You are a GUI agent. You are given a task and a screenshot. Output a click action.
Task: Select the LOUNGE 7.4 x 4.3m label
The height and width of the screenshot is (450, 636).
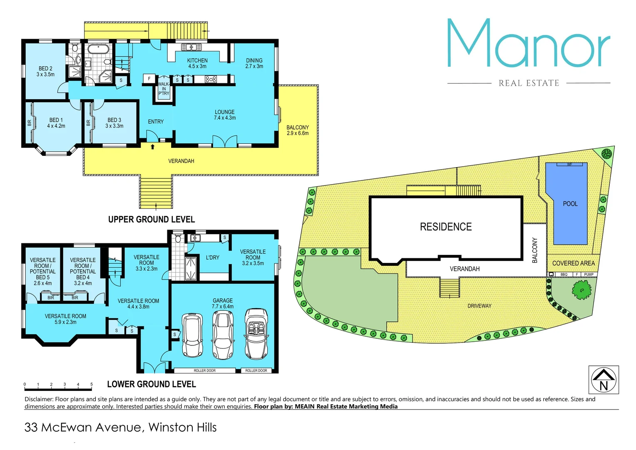point(225,115)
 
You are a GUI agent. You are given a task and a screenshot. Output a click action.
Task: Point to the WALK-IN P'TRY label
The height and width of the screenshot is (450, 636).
point(164,89)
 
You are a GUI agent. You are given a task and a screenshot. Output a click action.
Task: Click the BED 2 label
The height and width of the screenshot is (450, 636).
point(45,71)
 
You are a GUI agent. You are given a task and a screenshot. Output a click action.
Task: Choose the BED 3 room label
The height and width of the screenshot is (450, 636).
point(114,123)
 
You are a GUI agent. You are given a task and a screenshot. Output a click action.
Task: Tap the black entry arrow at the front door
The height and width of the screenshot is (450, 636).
point(153,147)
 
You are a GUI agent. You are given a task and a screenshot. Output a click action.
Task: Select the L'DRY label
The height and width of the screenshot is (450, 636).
point(212,257)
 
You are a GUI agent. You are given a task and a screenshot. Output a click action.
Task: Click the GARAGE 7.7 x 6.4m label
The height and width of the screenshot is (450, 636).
point(223,303)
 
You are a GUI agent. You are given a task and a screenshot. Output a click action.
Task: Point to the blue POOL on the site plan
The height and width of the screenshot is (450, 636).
point(570,204)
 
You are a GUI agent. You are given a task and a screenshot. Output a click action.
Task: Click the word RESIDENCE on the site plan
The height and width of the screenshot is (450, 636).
point(446,227)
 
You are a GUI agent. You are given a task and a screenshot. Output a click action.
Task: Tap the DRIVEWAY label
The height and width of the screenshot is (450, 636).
point(479,306)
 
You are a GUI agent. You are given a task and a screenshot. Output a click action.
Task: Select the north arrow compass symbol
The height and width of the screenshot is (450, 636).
point(604,380)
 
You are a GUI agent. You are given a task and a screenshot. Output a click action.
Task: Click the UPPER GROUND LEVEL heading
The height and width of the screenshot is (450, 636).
point(152,220)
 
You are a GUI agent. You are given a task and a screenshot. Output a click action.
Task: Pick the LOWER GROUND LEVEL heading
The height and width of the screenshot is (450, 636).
point(152,384)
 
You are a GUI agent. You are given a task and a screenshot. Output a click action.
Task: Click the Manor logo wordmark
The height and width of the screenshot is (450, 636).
point(529,44)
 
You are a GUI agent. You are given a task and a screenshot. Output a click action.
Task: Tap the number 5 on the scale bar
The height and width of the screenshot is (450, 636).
point(92,385)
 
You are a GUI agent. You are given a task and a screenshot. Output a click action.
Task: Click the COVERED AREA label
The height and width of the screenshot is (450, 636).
point(573,263)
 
